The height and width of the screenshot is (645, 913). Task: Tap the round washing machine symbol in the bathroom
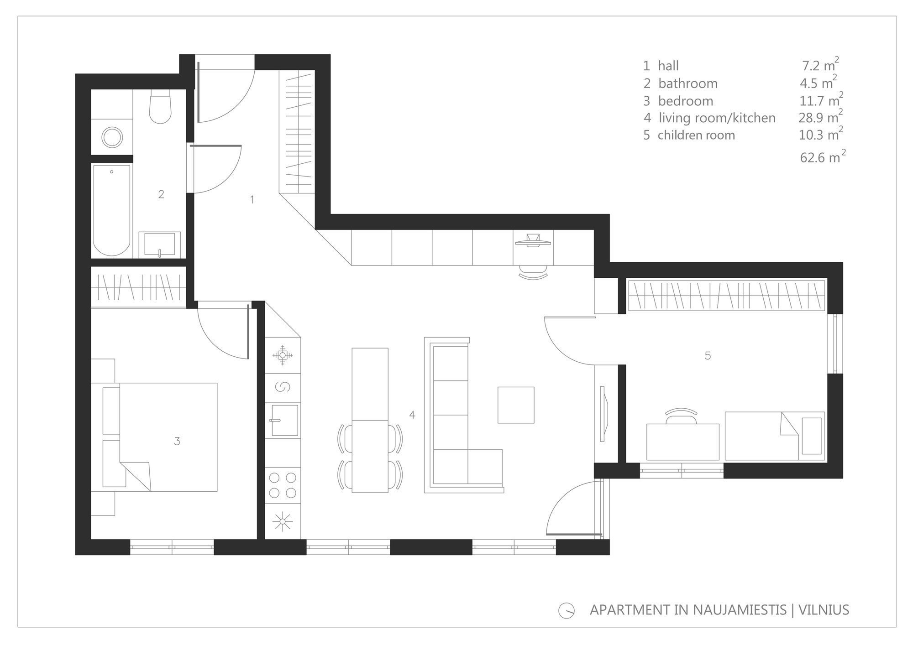(112, 137)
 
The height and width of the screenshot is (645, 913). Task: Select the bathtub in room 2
(112, 210)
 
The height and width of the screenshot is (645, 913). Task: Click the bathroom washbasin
(160, 244)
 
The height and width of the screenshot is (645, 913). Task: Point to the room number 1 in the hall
(252, 199)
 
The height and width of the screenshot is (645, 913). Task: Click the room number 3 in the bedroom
(177, 441)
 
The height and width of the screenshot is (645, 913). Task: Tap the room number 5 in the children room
(708, 355)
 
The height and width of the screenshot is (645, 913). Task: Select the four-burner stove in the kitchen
(283, 485)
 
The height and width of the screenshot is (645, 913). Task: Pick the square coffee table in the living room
(516, 405)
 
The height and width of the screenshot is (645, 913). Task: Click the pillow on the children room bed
(811, 436)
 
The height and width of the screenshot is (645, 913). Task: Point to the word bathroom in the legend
(688, 83)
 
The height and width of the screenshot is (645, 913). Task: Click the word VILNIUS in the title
(824, 610)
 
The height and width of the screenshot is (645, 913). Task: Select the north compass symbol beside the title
(567, 610)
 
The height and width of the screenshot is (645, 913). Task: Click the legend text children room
(696, 135)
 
